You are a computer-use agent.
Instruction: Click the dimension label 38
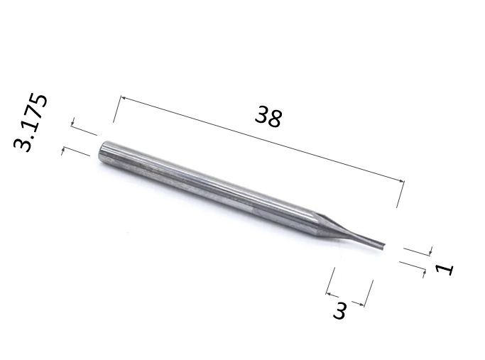pos(268,116)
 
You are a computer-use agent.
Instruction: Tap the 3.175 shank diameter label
pos(31,122)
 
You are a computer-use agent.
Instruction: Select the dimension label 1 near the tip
pos(445,269)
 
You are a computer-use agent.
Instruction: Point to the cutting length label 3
pos(340,310)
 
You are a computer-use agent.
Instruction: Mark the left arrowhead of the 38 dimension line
pos(122,98)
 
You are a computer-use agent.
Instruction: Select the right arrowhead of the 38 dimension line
pos(401,181)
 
